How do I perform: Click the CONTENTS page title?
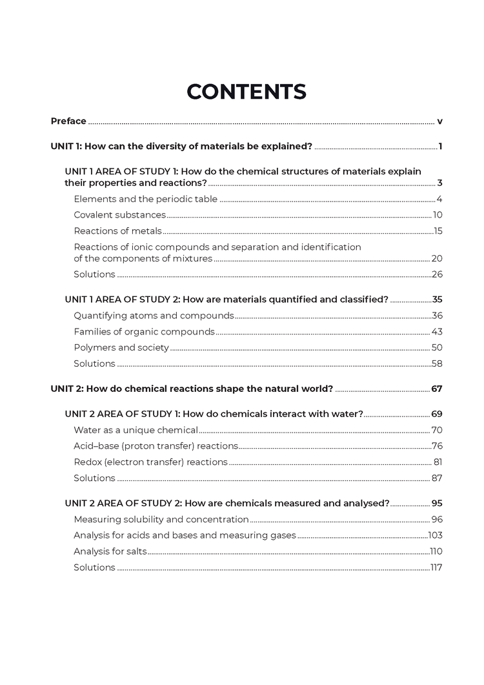coord(246,92)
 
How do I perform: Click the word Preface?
coord(68,121)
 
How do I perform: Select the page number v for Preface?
coord(439,121)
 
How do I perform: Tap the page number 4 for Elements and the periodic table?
coord(438,199)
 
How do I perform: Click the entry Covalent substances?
coord(119,215)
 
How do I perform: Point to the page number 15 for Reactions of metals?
coord(437,231)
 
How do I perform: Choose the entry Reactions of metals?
coord(117,231)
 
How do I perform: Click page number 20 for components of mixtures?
coord(436,259)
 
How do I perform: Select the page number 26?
coord(436,274)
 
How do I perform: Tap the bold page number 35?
coord(436,300)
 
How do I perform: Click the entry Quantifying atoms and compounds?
coord(154,316)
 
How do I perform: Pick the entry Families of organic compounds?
coord(144,332)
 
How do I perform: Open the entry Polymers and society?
coord(121,348)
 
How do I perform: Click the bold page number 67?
coord(436,389)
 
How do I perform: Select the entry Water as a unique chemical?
coord(136,430)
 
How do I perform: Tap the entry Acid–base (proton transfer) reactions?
coord(156,446)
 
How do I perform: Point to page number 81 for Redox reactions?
coord(437,462)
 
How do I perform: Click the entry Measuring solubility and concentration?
coord(161,520)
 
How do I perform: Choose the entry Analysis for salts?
coord(110,552)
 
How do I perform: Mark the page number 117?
coord(436,568)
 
